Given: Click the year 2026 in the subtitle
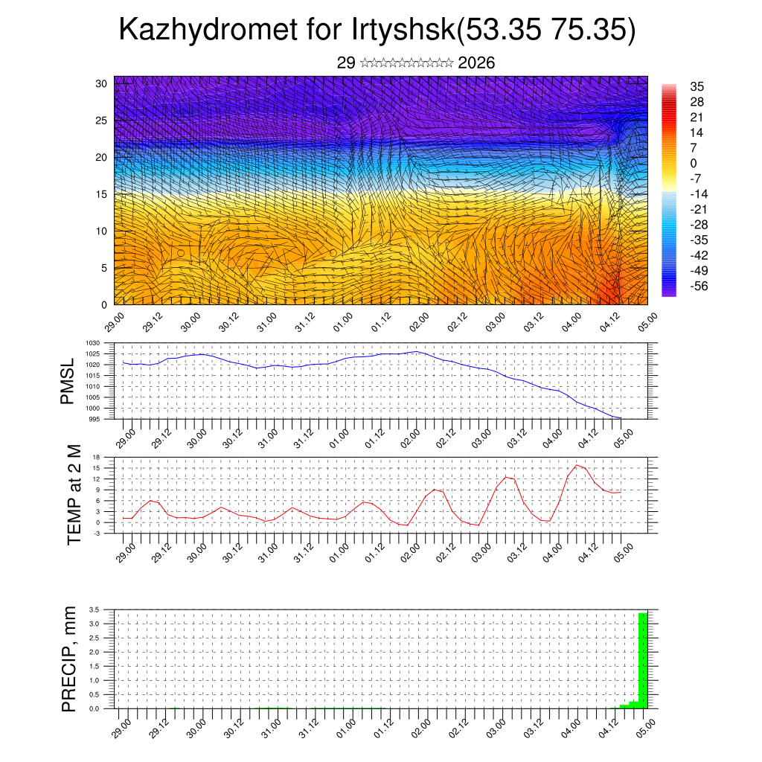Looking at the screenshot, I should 477,63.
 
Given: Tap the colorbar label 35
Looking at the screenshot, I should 697,86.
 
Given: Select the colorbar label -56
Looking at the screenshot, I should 699,285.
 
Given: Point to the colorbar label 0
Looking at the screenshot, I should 694,163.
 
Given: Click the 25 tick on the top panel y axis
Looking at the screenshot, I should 101,120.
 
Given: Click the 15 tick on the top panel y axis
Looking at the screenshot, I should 101,193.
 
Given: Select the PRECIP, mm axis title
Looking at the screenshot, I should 69,659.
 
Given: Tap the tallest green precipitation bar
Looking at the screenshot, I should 643,660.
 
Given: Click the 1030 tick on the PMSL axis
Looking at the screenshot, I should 93,343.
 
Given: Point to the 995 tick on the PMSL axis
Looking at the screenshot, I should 95,419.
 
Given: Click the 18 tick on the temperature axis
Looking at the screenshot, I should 97,457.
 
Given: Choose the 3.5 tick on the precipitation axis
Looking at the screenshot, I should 95,609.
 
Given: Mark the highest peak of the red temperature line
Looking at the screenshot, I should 577,465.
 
